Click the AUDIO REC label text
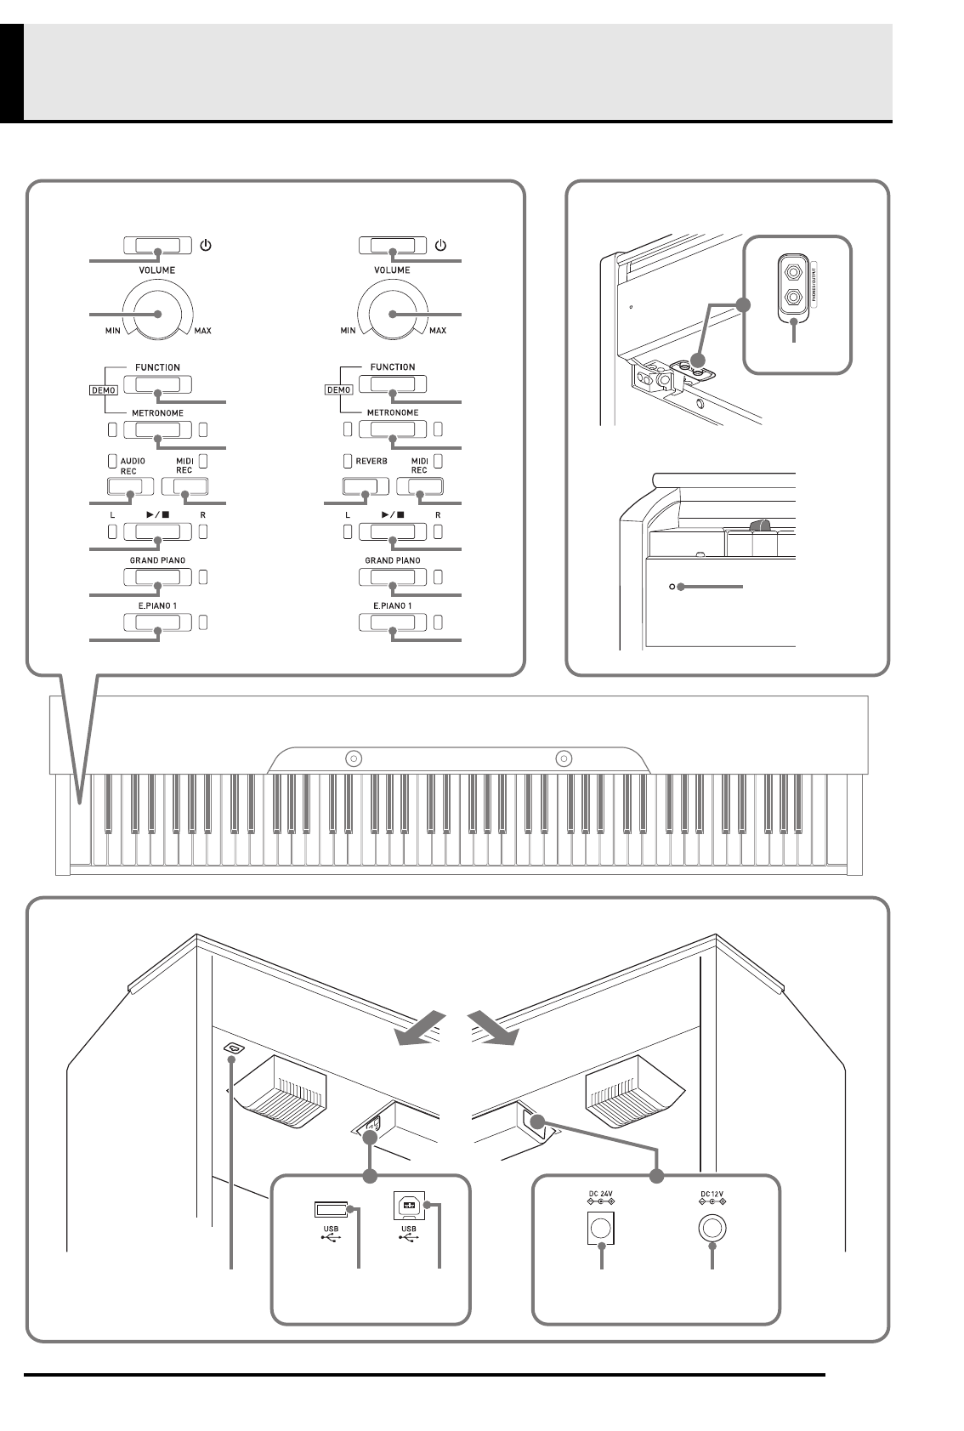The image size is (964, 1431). [x=133, y=465]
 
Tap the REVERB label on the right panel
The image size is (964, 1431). [x=371, y=461]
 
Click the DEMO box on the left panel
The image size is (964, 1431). [x=103, y=390]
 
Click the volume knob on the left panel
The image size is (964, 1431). [x=157, y=313]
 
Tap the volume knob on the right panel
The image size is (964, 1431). [x=393, y=313]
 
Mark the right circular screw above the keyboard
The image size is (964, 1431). [x=563, y=758]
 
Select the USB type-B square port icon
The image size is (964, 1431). [x=409, y=1207]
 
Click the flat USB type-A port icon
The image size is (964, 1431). [x=331, y=1209]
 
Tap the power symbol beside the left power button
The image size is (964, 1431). [x=206, y=246]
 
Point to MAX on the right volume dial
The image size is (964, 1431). [x=438, y=330]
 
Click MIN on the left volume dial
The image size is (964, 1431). [x=112, y=330]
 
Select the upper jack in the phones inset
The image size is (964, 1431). [x=793, y=273]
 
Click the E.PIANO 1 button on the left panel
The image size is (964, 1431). [x=157, y=622]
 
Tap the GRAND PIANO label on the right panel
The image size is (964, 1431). [x=393, y=560]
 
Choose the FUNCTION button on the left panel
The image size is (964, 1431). [x=157, y=384]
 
